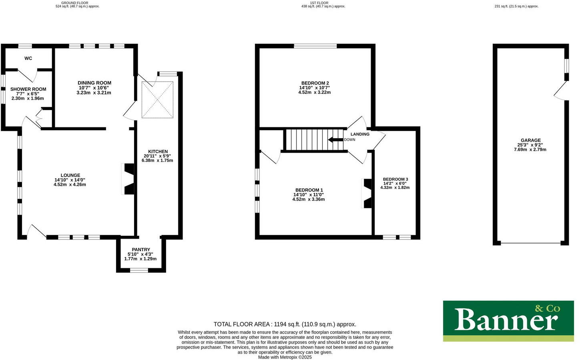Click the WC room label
point(28,58)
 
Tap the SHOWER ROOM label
point(28,89)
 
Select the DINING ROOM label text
point(94,83)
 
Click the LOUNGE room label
point(70,175)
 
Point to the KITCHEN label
point(158,152)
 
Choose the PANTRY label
point(141,249)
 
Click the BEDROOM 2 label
point(315,83)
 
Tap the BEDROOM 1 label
point(309,190)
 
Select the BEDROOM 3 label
point(395,179)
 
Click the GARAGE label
point(530,141)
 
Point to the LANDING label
point(360,134)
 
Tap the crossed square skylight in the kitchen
point(157,100)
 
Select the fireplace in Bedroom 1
point(367,193)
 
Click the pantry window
point(139,271)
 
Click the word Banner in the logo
point(506,320)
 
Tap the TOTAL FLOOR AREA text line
point(285,324)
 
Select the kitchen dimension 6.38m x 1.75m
point(157,161)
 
